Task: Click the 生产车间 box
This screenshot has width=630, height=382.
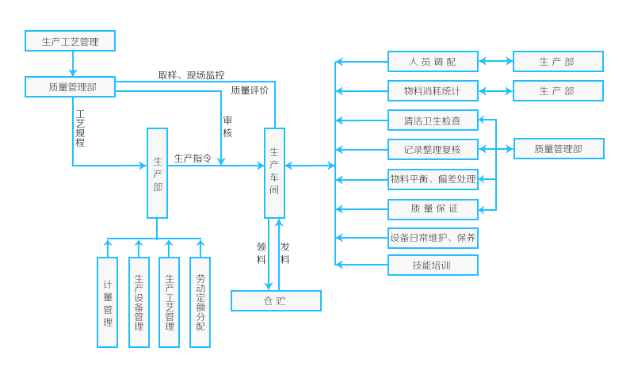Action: click(274, 171)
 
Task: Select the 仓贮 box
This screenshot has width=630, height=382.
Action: click(275, 300)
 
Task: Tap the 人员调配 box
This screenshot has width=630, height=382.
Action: click(433, 61)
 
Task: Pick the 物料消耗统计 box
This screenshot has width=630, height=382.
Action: click(433, 90)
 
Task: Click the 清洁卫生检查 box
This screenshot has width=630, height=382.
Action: click(433, 120)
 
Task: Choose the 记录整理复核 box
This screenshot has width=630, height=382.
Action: click(433, 149)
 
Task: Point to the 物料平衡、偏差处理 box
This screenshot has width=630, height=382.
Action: click(433, 179)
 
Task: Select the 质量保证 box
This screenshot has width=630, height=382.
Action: click(433, 208)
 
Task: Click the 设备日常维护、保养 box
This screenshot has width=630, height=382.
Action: click(433, 237)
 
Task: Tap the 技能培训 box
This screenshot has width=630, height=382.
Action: click(433, 265)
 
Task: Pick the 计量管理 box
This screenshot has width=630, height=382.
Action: click(107, 302)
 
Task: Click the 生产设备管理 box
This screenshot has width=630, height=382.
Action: click(139, 302)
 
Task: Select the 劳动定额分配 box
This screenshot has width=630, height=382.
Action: click(200, 302)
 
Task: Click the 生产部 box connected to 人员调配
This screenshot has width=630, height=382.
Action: click(557, 61)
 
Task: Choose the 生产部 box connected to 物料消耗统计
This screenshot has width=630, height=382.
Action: click(557, 90)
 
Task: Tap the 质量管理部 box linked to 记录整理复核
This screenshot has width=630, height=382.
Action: click(558, 148)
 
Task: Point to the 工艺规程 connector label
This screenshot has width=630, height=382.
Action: click(80, 128)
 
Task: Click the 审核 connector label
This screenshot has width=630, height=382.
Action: click(227, 127)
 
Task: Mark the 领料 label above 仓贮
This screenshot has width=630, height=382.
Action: click(261, 253)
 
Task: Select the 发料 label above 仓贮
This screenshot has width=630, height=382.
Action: click(284, 253)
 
